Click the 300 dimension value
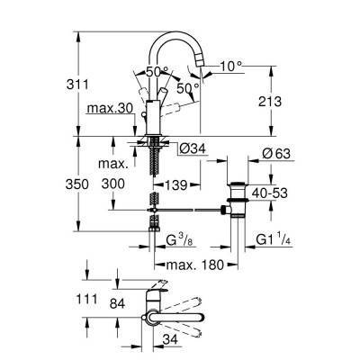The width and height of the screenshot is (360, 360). tap(113, 184)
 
